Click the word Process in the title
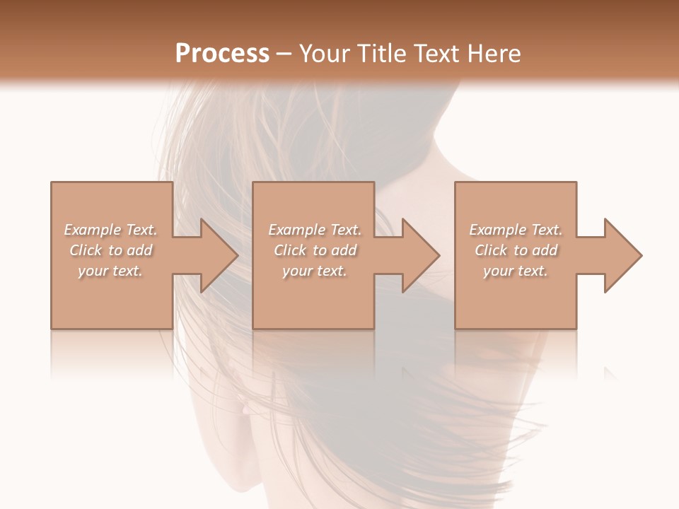coord(222,54)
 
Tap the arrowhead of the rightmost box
coord(622,255)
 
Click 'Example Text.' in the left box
coord(111,230)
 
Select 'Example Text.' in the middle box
coord(315,230)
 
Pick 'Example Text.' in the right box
coord(516,230)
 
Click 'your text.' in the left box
coord(110,271)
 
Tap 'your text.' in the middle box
coord(314,271)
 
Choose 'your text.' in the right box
coord(515,271)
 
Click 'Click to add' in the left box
coord(111,250)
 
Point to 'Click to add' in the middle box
coord(315,250)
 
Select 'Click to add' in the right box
coord(516,250)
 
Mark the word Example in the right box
coord(497,230)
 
